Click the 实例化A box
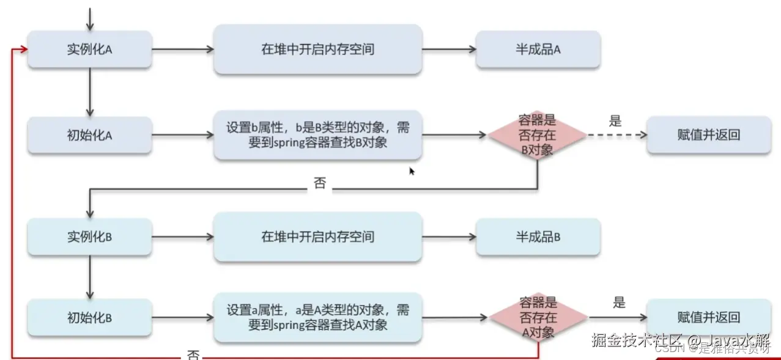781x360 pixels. [90, 50]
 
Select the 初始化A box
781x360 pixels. [90, 135]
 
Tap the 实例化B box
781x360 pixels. [90, 237]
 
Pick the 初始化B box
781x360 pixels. [90, 317]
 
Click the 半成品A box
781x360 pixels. [538, 50]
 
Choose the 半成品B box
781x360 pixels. [538, 237]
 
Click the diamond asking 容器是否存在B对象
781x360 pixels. [538, 135]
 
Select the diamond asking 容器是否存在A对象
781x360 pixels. [538, 317]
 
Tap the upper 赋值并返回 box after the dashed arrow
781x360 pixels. [708, 135]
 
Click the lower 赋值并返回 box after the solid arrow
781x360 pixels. [708, 317]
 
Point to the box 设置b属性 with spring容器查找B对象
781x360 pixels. [317, 135]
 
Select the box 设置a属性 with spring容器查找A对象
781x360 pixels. [317, 317]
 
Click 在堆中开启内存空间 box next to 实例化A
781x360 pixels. [317, 50]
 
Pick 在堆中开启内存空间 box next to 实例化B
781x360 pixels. [317, 237]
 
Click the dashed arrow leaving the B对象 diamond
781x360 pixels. [615, 135]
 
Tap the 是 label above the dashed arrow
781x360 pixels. [615, 120]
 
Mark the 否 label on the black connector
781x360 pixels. [320, 184]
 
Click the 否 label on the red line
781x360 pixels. [193, 354]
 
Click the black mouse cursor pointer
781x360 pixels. [412, 171]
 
